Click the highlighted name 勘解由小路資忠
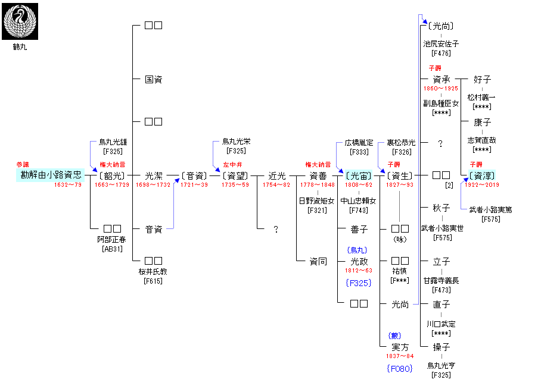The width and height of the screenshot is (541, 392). coord(50,175)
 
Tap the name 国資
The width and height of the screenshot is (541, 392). coord(153,79)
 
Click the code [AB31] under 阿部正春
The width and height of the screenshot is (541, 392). coord(112,248)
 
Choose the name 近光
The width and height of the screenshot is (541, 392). coord(277,175)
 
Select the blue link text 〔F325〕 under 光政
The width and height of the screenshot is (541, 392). coord(359,283)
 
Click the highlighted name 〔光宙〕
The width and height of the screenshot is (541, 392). coord(359,175)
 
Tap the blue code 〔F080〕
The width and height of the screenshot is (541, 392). coord(400,369)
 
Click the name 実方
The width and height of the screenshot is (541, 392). coord(400,347)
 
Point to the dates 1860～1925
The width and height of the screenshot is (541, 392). coord(441,89)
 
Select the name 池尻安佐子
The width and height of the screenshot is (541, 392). coord(441,44)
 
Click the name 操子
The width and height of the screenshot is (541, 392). coord(441,347)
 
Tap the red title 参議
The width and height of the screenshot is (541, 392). coord(23,164)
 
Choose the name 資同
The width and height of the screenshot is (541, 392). coord(318,261)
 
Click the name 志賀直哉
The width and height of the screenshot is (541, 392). coord(481,141)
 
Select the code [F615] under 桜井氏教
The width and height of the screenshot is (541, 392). coord(153,281)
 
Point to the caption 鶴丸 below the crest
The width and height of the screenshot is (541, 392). coord(20,47)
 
